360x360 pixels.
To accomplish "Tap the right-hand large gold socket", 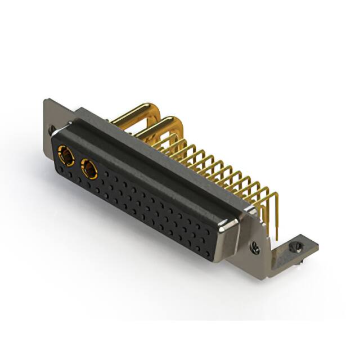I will pos(89,169).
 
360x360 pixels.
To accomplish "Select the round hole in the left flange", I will pos(52,130).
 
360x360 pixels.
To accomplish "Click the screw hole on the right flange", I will pos(255,246).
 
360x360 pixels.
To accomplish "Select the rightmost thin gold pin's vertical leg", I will pos(275,208).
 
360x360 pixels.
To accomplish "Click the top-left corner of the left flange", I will pos(46,101).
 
